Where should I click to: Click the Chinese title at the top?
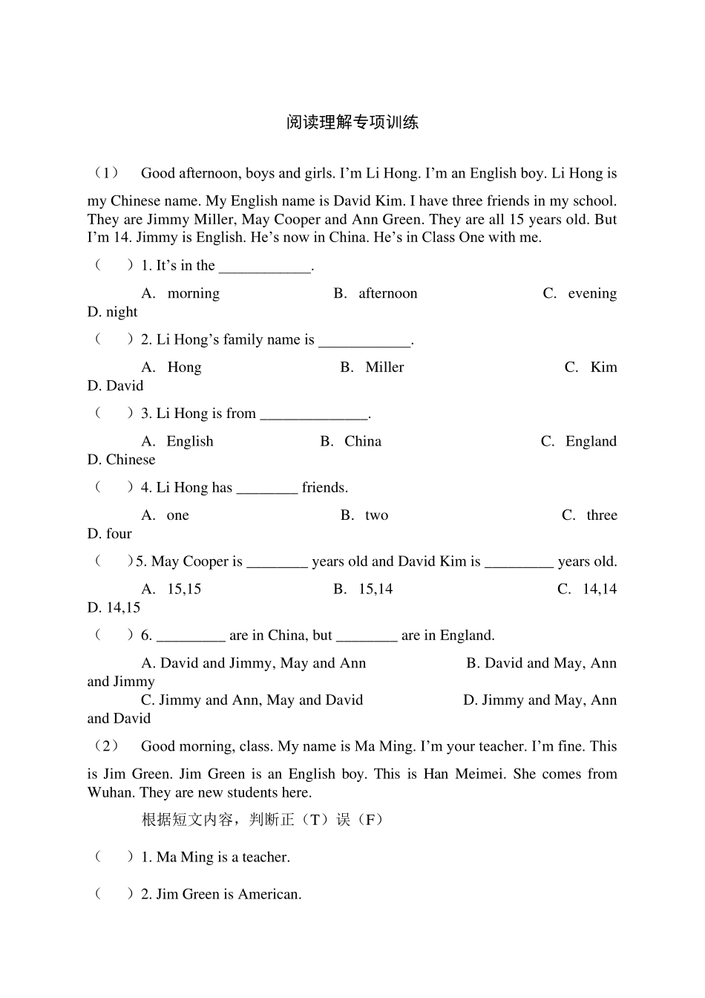[x=352, y=123]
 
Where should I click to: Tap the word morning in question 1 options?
[x=193, y=293]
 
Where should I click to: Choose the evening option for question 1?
[x=591, y=293]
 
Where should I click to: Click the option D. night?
[x=112, y=312]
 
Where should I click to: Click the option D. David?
[x=115, y=385]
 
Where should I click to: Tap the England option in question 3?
[x=591, y=441]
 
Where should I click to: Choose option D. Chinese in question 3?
[x=121, y=460]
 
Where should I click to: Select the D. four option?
[x=109, y=534]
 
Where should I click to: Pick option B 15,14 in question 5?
[x=376, y=589]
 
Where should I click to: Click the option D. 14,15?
[x=114, y=607]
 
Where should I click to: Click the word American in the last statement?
[x=269, y=894]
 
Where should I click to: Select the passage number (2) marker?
[x=105, y=746]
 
